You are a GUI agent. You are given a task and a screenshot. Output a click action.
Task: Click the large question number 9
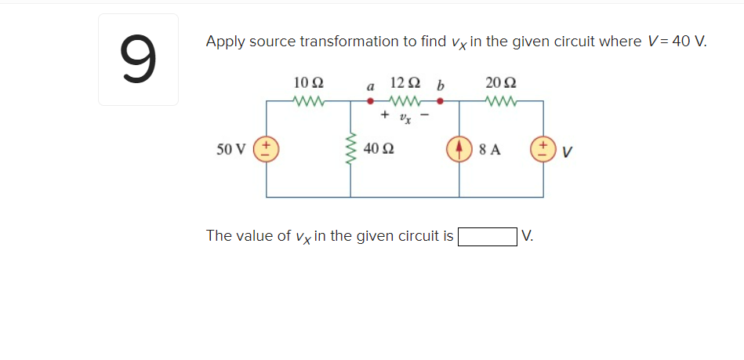point(137,60)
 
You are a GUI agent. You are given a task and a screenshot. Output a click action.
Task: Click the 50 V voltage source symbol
point(267,149)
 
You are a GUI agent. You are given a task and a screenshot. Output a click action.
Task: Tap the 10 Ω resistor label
point(308,82)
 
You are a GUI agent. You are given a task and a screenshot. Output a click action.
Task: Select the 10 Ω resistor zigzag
point(308,100)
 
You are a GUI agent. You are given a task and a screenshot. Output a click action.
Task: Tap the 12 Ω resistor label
point(405,82)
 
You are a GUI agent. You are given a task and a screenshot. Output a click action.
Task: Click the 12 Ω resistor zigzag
point(405,100)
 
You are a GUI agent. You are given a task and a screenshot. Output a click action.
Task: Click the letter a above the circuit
point(370,85)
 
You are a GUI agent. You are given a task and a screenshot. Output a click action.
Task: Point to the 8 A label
point(489,149)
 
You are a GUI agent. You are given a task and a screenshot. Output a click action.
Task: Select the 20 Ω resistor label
point(501,82)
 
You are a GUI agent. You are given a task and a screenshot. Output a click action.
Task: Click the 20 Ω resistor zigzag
point(501,100)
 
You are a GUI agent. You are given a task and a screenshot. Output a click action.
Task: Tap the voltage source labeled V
point(543,149)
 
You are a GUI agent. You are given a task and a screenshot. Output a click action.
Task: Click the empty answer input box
point(487,236)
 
